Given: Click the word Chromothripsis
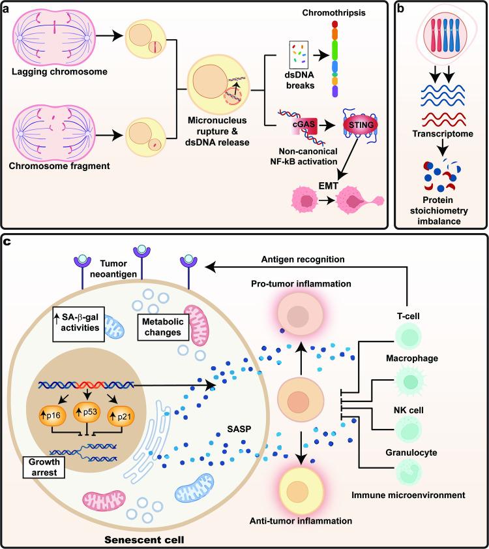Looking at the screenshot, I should pyautogui.click(x=361, y=14).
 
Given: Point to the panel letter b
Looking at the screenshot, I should pyautogui.click(x=404, y=8).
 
